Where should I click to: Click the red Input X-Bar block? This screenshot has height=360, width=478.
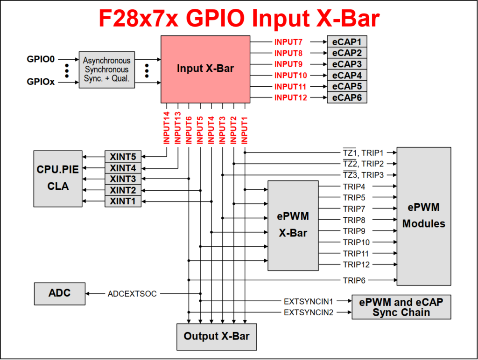[205, 69]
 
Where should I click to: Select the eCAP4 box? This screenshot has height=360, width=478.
[347, 75]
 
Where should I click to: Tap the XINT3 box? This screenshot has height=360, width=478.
[123, 179]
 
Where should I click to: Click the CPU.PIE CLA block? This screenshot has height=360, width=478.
[58, 178]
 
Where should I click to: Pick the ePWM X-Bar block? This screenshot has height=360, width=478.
[293, 225]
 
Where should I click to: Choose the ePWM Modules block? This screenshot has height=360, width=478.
[424, 215]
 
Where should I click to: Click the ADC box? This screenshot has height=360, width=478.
[60, 293]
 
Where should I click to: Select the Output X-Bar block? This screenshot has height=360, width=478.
[216, 336]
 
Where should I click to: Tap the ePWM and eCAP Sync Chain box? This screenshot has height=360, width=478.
[401, 307]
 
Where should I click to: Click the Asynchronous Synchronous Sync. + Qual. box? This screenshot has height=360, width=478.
[106, 70]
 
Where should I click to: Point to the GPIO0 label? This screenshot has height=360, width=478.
[41, 60]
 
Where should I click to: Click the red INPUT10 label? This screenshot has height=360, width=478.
[290, 75]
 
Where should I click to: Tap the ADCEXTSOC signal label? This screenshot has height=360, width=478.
[132, 294]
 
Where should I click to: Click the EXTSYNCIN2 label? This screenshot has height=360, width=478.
[309, 312]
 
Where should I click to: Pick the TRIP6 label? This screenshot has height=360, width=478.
[354, 280]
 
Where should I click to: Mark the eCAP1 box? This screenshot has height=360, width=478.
[347, 42]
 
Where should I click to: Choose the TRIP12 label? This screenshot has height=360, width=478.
[356, 265]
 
